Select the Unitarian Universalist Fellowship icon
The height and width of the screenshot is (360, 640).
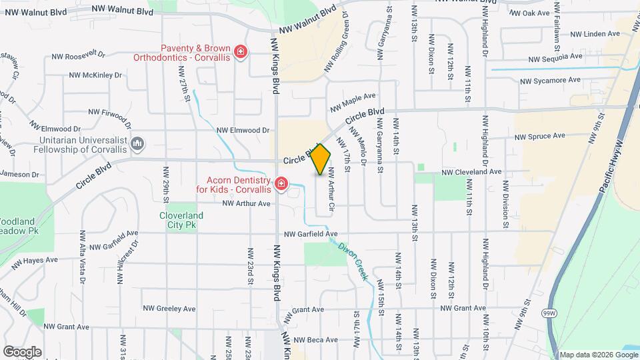138,143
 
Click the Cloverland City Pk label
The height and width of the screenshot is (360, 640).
181,221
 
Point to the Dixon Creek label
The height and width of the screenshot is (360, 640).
353,260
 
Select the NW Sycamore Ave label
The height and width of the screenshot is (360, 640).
551,81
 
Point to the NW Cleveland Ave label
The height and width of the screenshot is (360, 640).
471,171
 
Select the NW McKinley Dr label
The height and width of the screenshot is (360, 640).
96,75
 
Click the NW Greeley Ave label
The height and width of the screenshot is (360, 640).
169,309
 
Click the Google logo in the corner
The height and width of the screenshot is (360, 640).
22,351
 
